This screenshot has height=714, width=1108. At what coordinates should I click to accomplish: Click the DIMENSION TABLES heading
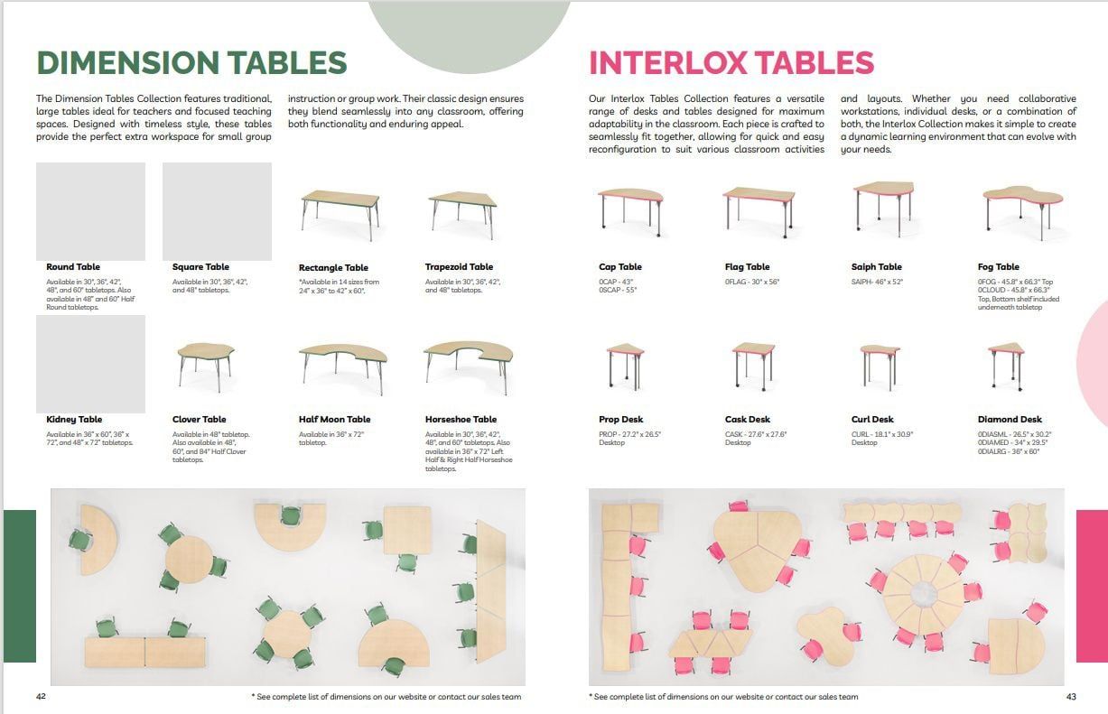tap(191, 63)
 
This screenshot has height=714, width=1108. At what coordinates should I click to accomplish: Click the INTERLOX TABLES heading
tap(731, 63)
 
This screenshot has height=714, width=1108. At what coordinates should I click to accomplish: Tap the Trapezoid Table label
tap(459, 267)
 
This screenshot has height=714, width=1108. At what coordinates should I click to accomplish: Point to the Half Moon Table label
tap(334, 420)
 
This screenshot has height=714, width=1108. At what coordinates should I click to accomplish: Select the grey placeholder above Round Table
tap(90, 211)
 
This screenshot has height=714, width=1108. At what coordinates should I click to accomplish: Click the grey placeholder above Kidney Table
tap(90, 364)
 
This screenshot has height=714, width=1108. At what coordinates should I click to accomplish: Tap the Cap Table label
tap(619, 267)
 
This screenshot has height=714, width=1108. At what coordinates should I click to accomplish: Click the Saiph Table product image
tap(877, 203)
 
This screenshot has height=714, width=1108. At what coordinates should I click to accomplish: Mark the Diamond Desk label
tap(1009, 420)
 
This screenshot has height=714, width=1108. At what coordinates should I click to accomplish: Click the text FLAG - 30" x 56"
tap(752, 283)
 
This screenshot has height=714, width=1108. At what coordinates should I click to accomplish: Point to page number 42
tap(42, 697)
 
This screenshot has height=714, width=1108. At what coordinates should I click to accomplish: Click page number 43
tap(1071, 697)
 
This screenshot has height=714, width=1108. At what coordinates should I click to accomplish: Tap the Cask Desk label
tap(747, 420)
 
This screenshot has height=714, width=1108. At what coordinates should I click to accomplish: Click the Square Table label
tap(200, 267)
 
